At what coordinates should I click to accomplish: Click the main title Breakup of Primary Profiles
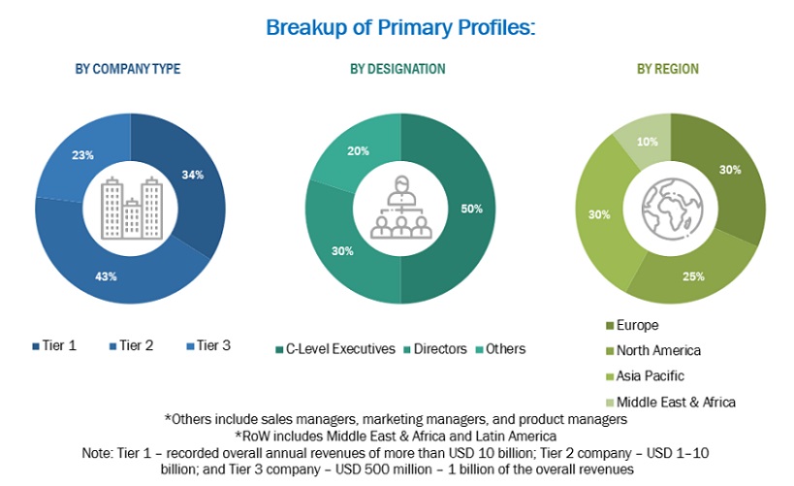click(x=398, y=27)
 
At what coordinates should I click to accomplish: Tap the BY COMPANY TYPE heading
click(x=128, y=69)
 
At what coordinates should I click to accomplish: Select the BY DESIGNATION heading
click(x=397, y=69)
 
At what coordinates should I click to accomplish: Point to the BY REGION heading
click(x=667, y=69)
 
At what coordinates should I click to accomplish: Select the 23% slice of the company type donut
click(x=82, y=155)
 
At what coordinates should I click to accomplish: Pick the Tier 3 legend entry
click(x=209, y=344)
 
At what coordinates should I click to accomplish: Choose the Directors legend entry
click(x=435, y=348)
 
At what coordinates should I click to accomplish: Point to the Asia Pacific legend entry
click(x=644, y=376)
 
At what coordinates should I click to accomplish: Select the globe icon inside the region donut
click(x=668, y=207)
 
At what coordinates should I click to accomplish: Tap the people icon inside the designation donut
click(x=397, y=209)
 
